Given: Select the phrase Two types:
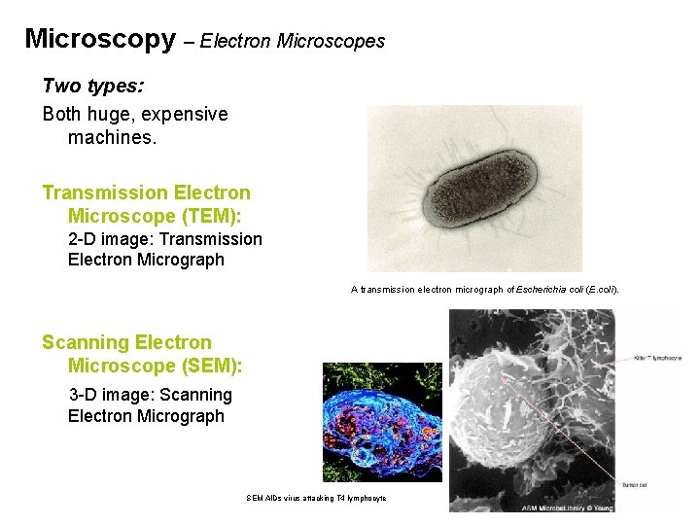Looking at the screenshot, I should point(93,87).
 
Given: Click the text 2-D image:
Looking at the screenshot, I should point(111,239).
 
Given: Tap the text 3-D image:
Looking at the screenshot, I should point(110,395).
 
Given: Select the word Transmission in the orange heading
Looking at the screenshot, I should point(103,192).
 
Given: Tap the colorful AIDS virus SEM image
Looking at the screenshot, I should point(382,422).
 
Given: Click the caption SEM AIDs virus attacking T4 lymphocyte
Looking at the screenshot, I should point(317,499).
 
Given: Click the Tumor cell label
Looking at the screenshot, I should point(636,483).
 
